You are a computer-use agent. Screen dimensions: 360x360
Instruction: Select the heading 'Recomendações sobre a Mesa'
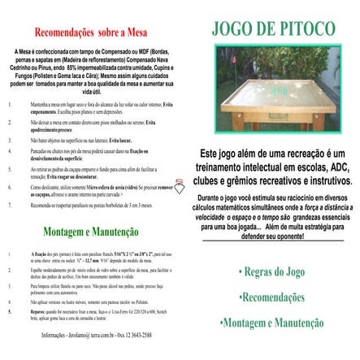(x=90, y=36)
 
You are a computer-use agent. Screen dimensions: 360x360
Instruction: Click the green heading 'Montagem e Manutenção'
(x=89, y=232)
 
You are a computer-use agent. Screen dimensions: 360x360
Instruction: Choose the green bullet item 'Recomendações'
(x=273, y=296)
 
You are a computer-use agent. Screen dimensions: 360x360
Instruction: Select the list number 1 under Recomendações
(x=11, y=106)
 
